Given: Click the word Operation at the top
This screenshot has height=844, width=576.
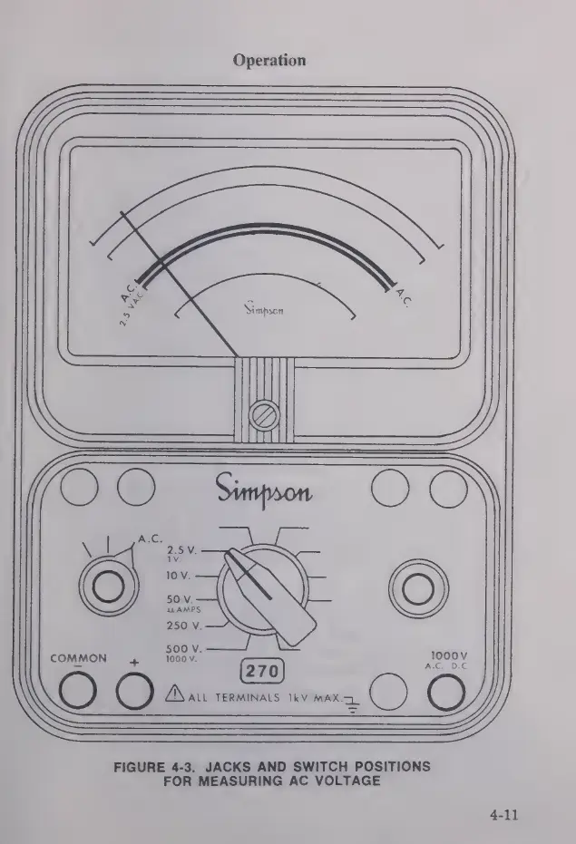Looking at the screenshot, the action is pos(269,61).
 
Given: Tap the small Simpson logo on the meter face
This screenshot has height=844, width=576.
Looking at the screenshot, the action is pos(265,309).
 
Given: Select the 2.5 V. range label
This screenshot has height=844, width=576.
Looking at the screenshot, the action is pos(183,549).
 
